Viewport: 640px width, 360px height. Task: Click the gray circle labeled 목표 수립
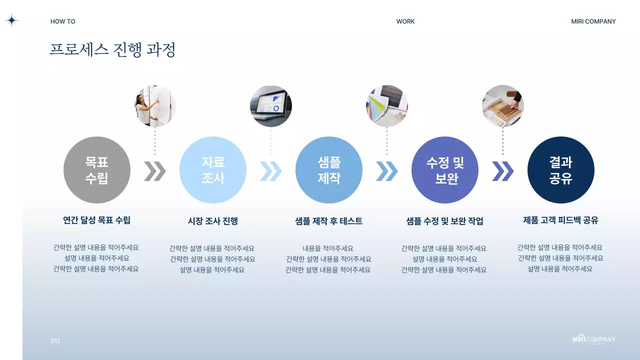(x=96, y=170)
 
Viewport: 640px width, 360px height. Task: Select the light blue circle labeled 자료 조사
(x=213, y=170)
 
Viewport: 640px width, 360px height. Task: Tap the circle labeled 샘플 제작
(x=329, y=170)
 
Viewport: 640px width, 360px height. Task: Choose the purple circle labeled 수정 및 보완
(x=445, y=170)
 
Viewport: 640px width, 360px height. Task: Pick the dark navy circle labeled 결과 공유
(x=561, y=170)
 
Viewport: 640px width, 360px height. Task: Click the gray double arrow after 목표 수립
(x=155, y=171)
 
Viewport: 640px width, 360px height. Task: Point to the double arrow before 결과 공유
(x=502, y=171)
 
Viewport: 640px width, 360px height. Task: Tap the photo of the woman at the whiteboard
(x=155, y=106)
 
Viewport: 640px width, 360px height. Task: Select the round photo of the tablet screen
(x=271, y=106)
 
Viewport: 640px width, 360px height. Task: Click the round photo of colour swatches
(x=387, y=106)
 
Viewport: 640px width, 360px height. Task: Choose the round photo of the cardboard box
(x=503, y=106)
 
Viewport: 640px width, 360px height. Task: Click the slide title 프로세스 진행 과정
(x=112, y=50)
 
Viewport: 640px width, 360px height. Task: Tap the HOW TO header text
(x=63, y=21)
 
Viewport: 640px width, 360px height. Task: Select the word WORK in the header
(x=405, y=21)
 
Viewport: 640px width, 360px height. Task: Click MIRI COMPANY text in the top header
(x=593, y=21)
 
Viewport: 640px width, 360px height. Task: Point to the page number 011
(x=55, y=341)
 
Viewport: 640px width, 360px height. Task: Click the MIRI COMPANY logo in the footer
(x=594, y=340)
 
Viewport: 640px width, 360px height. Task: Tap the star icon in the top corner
(x=11, y=20)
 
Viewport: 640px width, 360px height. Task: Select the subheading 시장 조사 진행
(x=213, y=221)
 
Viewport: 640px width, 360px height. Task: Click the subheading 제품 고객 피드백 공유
(x=560, y=220)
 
